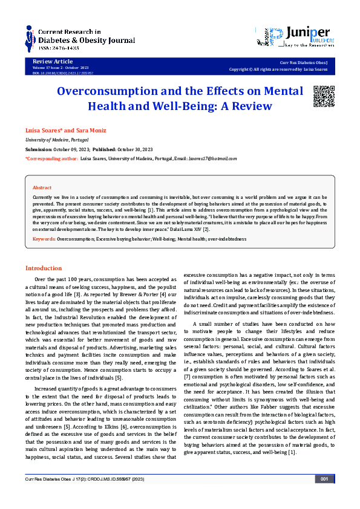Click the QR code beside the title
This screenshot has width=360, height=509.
click(x=323, y=96)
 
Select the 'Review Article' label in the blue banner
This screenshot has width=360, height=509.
click(x=49, y=62)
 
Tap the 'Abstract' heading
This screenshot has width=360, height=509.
click(x=42, y=188)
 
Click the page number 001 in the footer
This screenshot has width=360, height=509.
click(x=324, y=496)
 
